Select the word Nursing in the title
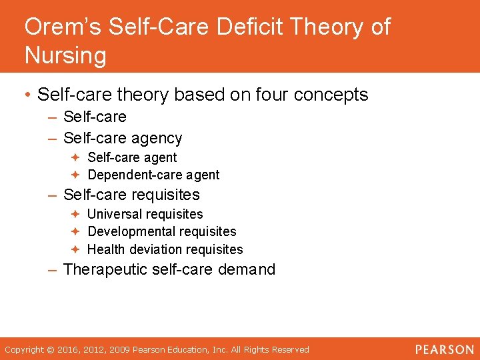65,55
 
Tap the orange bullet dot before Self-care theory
28,95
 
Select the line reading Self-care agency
123,138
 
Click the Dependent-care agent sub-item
153,175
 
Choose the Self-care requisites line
131,195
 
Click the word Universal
116,214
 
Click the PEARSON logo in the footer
444,349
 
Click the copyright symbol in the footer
51,349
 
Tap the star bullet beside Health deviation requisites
76,249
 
